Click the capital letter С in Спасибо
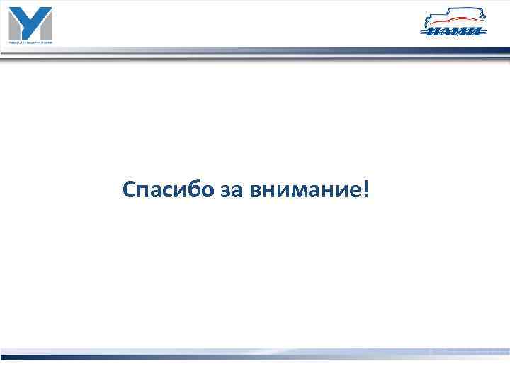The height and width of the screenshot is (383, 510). [x=128, y=189]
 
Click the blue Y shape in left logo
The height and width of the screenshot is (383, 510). [x=30, y=21]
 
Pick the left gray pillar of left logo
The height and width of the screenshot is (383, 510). [x=13, y=27]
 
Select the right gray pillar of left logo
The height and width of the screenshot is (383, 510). [x=47, y=27]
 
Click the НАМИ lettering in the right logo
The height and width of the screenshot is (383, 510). [x=454, y=31]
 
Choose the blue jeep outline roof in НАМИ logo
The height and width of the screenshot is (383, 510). [x=453, y=12]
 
